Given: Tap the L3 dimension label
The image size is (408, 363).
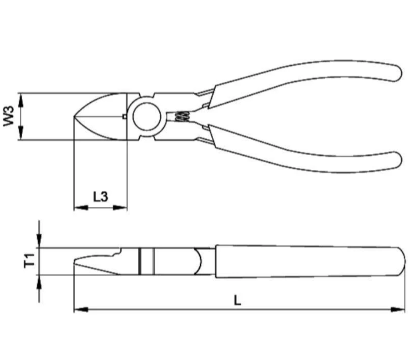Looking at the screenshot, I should pyautogui.click(x=101, y=196).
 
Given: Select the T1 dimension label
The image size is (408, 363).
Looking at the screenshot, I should pyautogui.click(x=30, y=261).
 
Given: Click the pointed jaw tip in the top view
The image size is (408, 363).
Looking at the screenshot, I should pyautogui.click(x=75, y=117).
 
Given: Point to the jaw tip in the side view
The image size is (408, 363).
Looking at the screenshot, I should pyautogui.click(x=76, y=262).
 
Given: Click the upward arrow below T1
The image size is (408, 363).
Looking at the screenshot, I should pyautogui.click(x=40, y=281).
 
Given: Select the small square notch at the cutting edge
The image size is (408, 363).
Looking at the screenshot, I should pyautogui.click(x=124, y=117).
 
